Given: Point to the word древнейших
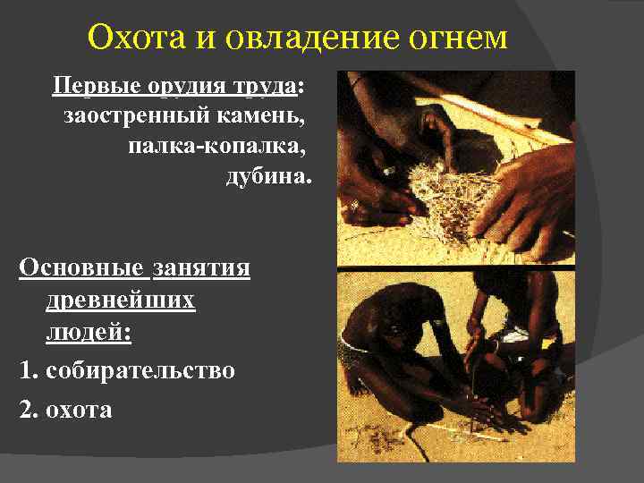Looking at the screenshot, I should click(x=120, y=301).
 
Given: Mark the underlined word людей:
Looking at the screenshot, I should click(x=89, y=334).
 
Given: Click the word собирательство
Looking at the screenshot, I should click(x=139, y=369).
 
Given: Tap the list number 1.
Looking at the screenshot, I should click(x=25, y=369).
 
